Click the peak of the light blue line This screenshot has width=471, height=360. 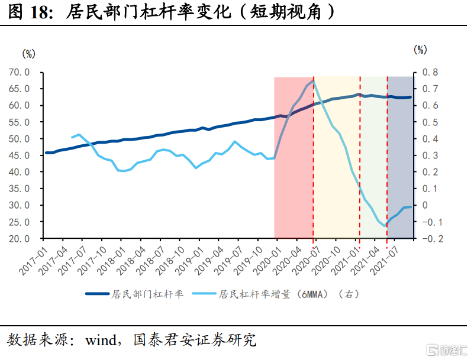point(313,80)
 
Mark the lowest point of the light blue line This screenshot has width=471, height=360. point(385,226)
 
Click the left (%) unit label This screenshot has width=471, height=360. point(28,53)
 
